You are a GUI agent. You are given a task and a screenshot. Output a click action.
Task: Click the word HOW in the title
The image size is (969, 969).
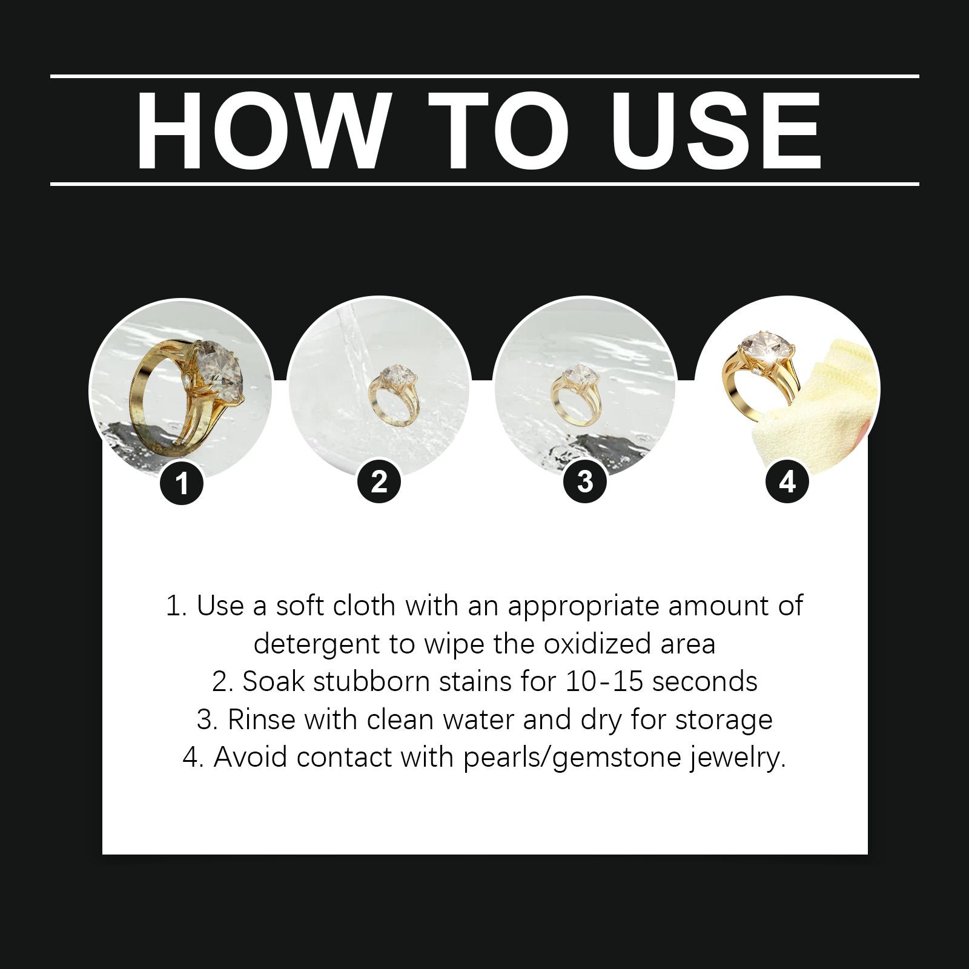(262, 131)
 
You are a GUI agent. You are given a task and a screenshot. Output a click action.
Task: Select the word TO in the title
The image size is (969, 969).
(500, 131)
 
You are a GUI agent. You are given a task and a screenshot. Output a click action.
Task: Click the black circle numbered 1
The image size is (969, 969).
(182, 483)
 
